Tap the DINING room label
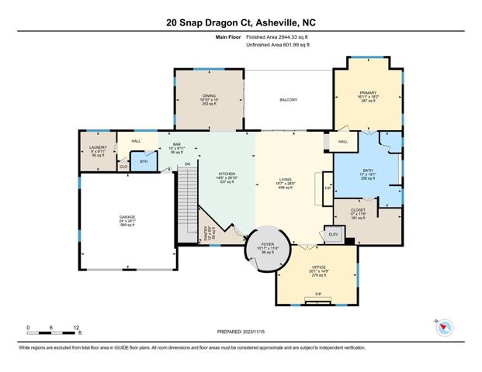(x=209, y=95)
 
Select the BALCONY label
(x=289, y=100)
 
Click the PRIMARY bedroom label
(x=367, y=91)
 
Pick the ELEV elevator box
(x=334, y=234)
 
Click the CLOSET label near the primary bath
(x=358, y=209)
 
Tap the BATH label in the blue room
(x=368, y=171)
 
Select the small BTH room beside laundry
(x=144, y=161)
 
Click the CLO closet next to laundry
(x=123, y=165)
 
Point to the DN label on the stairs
(x=187, y=165)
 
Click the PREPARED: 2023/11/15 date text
(x=241, y=331)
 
